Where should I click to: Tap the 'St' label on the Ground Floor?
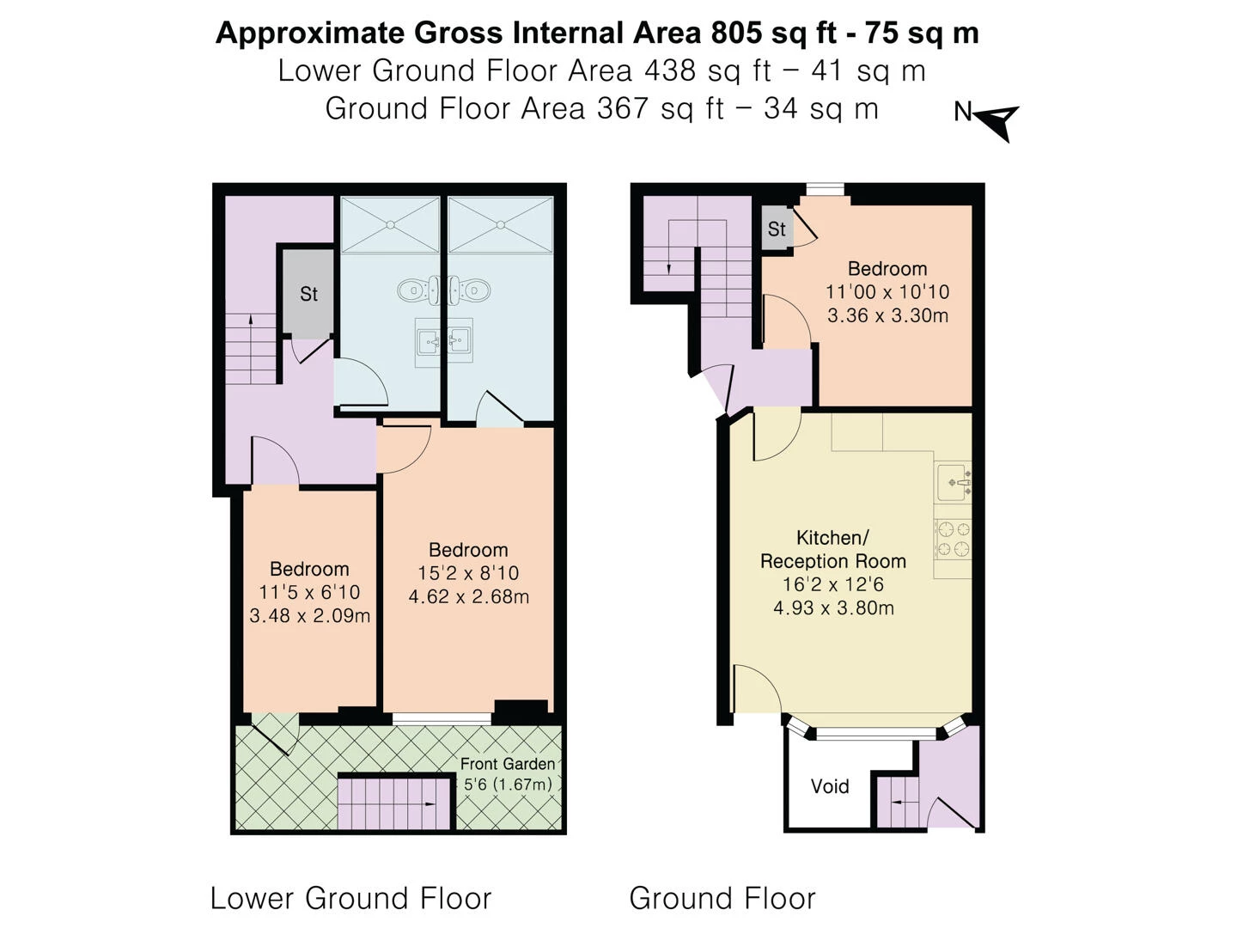[777, 229]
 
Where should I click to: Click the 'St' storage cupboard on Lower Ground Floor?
[308, 294]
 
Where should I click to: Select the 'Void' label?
[830, 786]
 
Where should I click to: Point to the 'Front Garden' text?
[507, 764]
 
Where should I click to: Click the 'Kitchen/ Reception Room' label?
[832, 550]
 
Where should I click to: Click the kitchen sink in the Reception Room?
[954, 483]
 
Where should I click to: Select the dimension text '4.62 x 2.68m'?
[468, 596]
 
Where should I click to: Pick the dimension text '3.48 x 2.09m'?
[309, 616]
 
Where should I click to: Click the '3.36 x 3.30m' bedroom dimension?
[887, 315]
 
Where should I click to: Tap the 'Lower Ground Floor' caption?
[350, 898]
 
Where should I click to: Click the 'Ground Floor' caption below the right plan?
[722, 898]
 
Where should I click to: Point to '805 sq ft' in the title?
[756, 33]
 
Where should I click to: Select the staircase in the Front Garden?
[395, 803]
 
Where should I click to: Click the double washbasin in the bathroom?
[443, 342]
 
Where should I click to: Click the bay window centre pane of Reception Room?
[875, 734]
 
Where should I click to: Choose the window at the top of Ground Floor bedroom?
[825, 190]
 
